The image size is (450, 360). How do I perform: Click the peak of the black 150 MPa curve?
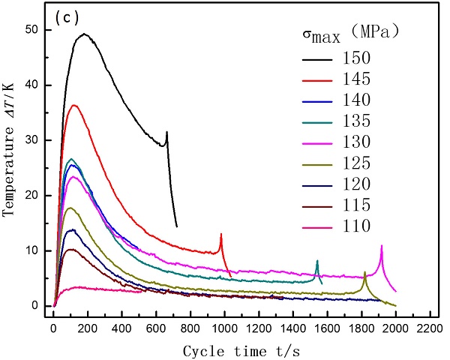pos(84,34)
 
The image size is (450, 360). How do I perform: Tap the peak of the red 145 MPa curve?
pos(73,105)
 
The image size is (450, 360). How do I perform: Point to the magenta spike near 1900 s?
pos(382,246)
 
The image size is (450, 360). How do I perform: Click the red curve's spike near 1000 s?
pos(221,235)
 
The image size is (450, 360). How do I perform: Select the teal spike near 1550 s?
pos(317,261)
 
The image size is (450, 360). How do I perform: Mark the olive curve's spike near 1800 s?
pos(365,272)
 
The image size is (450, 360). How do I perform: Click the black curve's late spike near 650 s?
pos(166,133)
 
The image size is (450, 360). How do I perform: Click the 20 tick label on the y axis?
pos(38,195)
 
